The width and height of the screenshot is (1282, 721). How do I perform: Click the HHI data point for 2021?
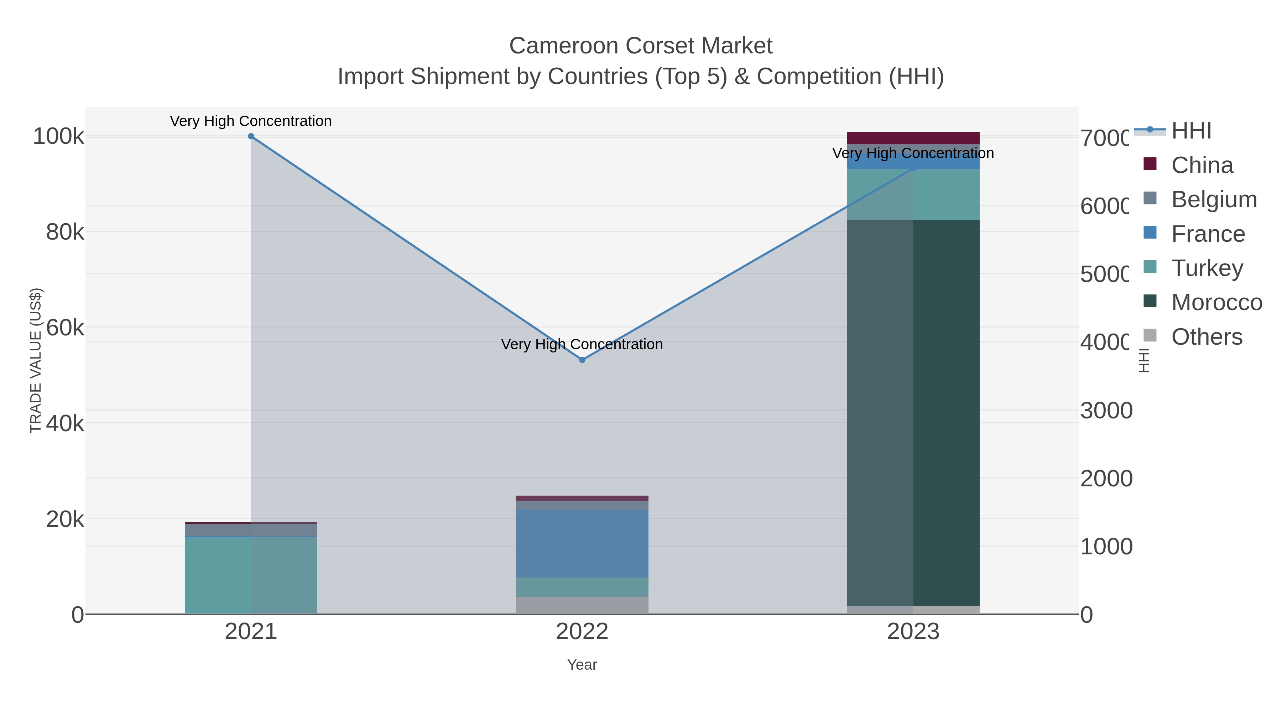(x=251, y=136)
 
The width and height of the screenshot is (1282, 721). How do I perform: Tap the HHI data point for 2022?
(x=582, y=360)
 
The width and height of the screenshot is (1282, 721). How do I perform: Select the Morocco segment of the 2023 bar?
(x=913, y=413)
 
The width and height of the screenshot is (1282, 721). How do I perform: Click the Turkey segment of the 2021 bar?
(x=251, y=575)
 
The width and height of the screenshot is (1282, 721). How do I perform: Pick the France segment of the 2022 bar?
(x=582, y=543)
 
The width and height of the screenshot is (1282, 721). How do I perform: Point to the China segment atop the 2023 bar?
(x=913, y=138)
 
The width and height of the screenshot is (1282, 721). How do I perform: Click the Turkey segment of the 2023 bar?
(x=913, y=194)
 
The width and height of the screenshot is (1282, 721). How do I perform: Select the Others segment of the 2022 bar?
(x=582, y=605)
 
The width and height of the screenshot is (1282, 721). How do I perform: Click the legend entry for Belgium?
(x=1213, y=199)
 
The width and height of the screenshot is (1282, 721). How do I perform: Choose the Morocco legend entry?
(x=1216, y=303)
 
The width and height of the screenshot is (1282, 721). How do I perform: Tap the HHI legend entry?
(x=1191, y=131)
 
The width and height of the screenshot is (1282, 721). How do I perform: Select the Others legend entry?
(x=1207, y=337)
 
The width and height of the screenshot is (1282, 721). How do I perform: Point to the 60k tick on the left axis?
(x=65, y=328)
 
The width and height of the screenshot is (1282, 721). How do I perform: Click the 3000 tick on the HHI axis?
(x=1106, y=411)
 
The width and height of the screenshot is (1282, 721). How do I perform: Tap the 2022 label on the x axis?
(x=582, y=632)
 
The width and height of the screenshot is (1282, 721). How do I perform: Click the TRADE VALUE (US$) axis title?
(x=36, y=360)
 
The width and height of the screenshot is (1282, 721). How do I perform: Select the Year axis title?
(x=582, y=665)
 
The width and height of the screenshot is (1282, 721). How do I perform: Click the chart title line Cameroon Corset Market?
(x=641, y=46)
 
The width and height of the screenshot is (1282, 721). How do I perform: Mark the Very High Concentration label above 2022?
(x=582, y=344)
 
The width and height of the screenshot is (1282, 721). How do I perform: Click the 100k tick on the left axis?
(x=59, y=136)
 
